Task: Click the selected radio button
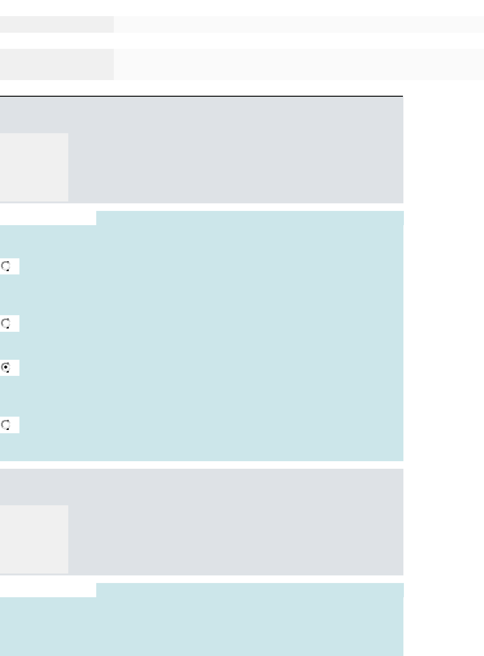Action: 6,368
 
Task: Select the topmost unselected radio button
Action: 6,266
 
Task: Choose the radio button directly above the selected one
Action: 6,324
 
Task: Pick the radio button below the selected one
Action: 6,425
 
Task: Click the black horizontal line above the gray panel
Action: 201,96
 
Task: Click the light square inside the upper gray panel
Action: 34,167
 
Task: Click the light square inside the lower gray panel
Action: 34,539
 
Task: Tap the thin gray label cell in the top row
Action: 56,24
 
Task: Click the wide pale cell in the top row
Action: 299,24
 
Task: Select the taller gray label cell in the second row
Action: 56,64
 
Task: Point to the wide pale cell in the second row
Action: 299,64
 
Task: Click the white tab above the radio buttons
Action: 48,218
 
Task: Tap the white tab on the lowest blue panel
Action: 48,590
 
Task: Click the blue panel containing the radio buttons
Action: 213,341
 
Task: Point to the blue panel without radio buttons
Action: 213,626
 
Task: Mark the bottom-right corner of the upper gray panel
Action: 402,202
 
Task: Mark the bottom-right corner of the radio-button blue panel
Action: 402,460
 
